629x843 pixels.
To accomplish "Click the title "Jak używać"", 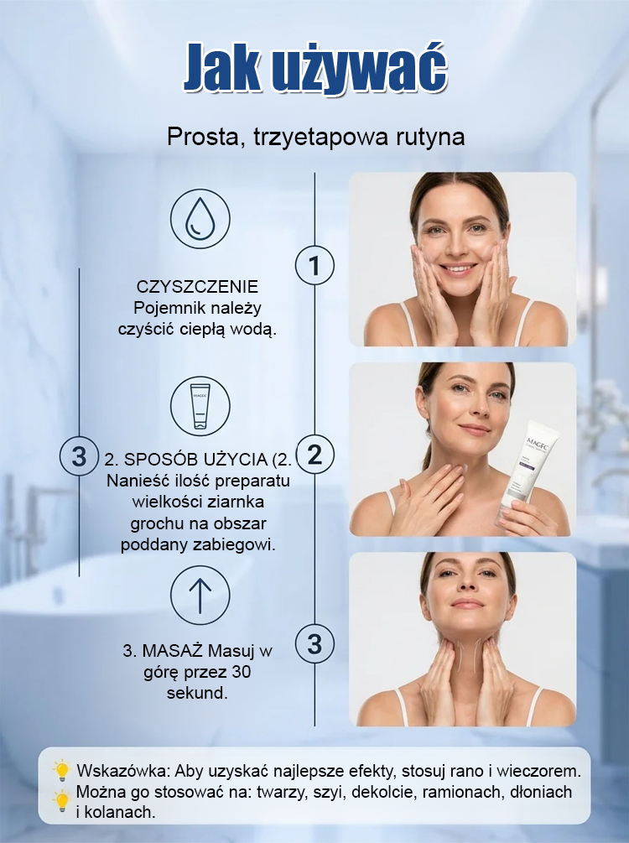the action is pyautogui.click(x=315, y=68).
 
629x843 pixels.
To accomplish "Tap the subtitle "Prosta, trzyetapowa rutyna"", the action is pyautogui.click(x=315, y=137).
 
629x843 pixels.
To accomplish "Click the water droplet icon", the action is pyautogui.click(x=200, y=219).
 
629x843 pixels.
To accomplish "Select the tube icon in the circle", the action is pyautogui.click(x=200, y=406).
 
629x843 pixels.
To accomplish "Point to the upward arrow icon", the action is pyautogui.click(x=200, y=596).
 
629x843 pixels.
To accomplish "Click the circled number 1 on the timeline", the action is pyautogui.click(x=315, y=265).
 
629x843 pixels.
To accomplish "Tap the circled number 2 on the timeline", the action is pyautogui.click(x=315, y=455).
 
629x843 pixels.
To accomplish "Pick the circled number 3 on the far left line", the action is pyautogui.click(x=79, y=456).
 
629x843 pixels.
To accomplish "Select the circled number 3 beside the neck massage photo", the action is pyautogui.click(x=315, y=644).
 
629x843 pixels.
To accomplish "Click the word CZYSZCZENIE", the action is pyautogui.click(x=197, y=287).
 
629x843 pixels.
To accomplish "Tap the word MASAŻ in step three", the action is pyautogui.click(x=172, y=651).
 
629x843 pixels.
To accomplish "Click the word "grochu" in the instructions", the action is pyautogui.click(x=153, y=523).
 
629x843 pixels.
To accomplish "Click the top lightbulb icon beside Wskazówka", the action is pyautogui.click(x=62, y=770).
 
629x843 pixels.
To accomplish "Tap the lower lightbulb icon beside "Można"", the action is pyautogui.click(x=62, y=801).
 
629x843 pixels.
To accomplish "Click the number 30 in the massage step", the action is pyautogui.click(x=242, y=672).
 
